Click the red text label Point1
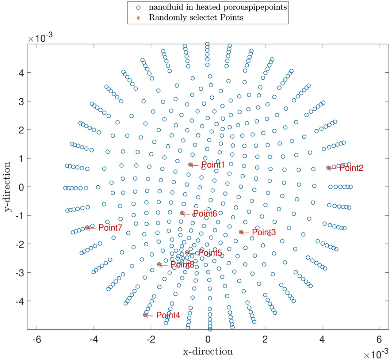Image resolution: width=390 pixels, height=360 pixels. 213,165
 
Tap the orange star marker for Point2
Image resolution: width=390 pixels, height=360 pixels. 328,168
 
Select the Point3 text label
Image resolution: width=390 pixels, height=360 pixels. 264,232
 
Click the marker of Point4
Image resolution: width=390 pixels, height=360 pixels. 145,315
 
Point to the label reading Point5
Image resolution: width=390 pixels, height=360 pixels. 210,253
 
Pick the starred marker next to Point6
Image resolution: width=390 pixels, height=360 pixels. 182,213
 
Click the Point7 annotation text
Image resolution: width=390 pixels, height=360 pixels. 110,228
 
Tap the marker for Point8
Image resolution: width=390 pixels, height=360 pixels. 159,264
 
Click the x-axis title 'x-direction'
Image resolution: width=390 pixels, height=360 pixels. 208,352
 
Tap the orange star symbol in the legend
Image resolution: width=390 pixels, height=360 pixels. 137,18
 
